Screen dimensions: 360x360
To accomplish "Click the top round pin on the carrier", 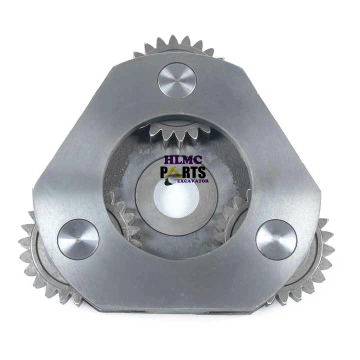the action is [x=177, y=81].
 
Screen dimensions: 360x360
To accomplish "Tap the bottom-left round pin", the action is [x=78, y=239].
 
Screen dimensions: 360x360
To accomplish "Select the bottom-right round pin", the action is [x=276, y=239].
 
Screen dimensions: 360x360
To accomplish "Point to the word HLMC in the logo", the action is [x=183, y=159].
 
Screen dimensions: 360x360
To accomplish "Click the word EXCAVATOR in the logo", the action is [x=193, y=181].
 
